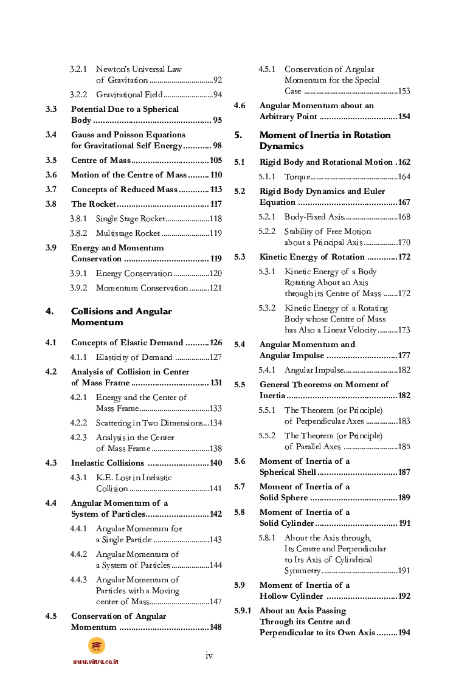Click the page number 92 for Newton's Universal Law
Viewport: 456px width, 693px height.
[x=217, y=80]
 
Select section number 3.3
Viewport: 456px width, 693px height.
[x=51, y=109]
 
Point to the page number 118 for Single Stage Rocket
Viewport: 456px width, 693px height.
[x=215, y=219]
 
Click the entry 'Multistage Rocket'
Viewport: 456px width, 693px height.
[x=128, y=233]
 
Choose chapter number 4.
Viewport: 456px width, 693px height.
[x=49, y=311]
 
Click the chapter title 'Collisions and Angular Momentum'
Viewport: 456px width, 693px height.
[x=121, y=317]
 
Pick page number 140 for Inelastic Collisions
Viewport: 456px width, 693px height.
[x=215, y=463]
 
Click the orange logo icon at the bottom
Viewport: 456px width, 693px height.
[x=97, y=645]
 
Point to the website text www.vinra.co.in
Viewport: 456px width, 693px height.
[x=95, y=661]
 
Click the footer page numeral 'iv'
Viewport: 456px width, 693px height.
[x=209, y=655]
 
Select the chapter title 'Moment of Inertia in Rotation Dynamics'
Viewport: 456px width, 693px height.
[x=325, y=140]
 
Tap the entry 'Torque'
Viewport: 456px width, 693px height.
[x=296, y=177]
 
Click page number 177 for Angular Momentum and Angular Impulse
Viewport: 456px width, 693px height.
[x=404, y=356]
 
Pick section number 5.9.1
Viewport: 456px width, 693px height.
[x=243, y=610]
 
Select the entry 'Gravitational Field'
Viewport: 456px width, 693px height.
[x=129, y=95]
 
